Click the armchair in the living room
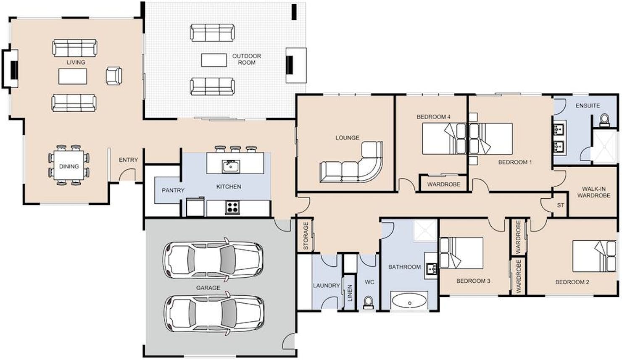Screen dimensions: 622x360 (x=114, y=76)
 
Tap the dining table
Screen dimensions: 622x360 (x=69, y=165)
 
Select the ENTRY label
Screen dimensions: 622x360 (x=128, y=160)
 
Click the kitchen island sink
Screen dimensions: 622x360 (x=231, y=166)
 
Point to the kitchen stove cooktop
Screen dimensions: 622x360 (x=232, y=207)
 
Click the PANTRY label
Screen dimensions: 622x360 (x=173, y=190)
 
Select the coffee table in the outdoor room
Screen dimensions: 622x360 (x=214, y=60)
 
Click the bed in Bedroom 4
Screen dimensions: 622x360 (x=444, y=139)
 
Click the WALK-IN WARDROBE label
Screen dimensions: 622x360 (x=594, y=192)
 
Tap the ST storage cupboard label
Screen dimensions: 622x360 (x=561, y=205)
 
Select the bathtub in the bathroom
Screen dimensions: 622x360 (x=410, y=301)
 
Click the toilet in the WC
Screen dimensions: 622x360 (x=369, y=302)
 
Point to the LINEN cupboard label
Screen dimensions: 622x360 (x=350, y=293)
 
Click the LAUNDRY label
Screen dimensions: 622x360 (x=326, y=286)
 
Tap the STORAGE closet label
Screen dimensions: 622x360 (x=306, y=236)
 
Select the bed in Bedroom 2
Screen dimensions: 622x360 (x=594, y=256)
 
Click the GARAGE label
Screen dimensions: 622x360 (x=208, y=288)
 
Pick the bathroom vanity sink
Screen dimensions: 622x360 (x=431, y=268)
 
